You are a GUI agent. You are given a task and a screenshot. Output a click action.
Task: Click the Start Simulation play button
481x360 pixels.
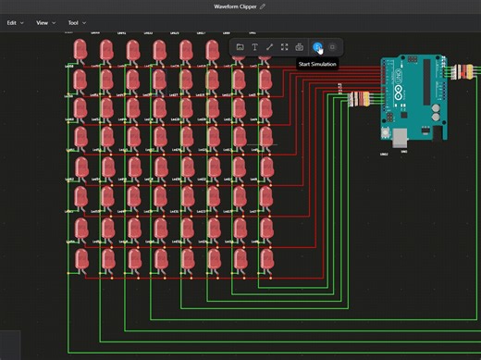point(317,47)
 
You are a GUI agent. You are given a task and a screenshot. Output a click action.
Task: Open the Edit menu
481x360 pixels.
point(14,22)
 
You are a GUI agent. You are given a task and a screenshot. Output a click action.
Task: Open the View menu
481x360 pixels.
point(44,22)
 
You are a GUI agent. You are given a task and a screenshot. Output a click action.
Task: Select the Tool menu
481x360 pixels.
point(75,22)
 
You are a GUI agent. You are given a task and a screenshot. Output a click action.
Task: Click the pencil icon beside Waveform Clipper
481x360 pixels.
point(263,6)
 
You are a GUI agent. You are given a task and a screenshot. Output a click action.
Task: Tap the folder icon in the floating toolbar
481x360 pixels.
point(240,47)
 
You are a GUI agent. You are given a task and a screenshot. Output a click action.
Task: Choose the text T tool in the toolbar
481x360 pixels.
point(254,47)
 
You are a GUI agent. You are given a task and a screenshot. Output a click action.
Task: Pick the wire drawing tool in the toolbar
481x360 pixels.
point(269,47)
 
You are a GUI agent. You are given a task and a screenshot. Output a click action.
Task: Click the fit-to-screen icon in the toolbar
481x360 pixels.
point(284,47)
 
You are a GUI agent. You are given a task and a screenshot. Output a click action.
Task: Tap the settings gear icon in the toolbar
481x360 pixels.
point(332,47)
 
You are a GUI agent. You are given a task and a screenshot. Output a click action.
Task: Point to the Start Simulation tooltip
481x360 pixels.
point(316,64)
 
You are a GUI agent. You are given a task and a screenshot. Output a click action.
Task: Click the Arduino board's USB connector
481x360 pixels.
point(400,136)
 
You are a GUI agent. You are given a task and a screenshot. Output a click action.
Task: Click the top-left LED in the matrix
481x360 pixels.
point(80,49)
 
